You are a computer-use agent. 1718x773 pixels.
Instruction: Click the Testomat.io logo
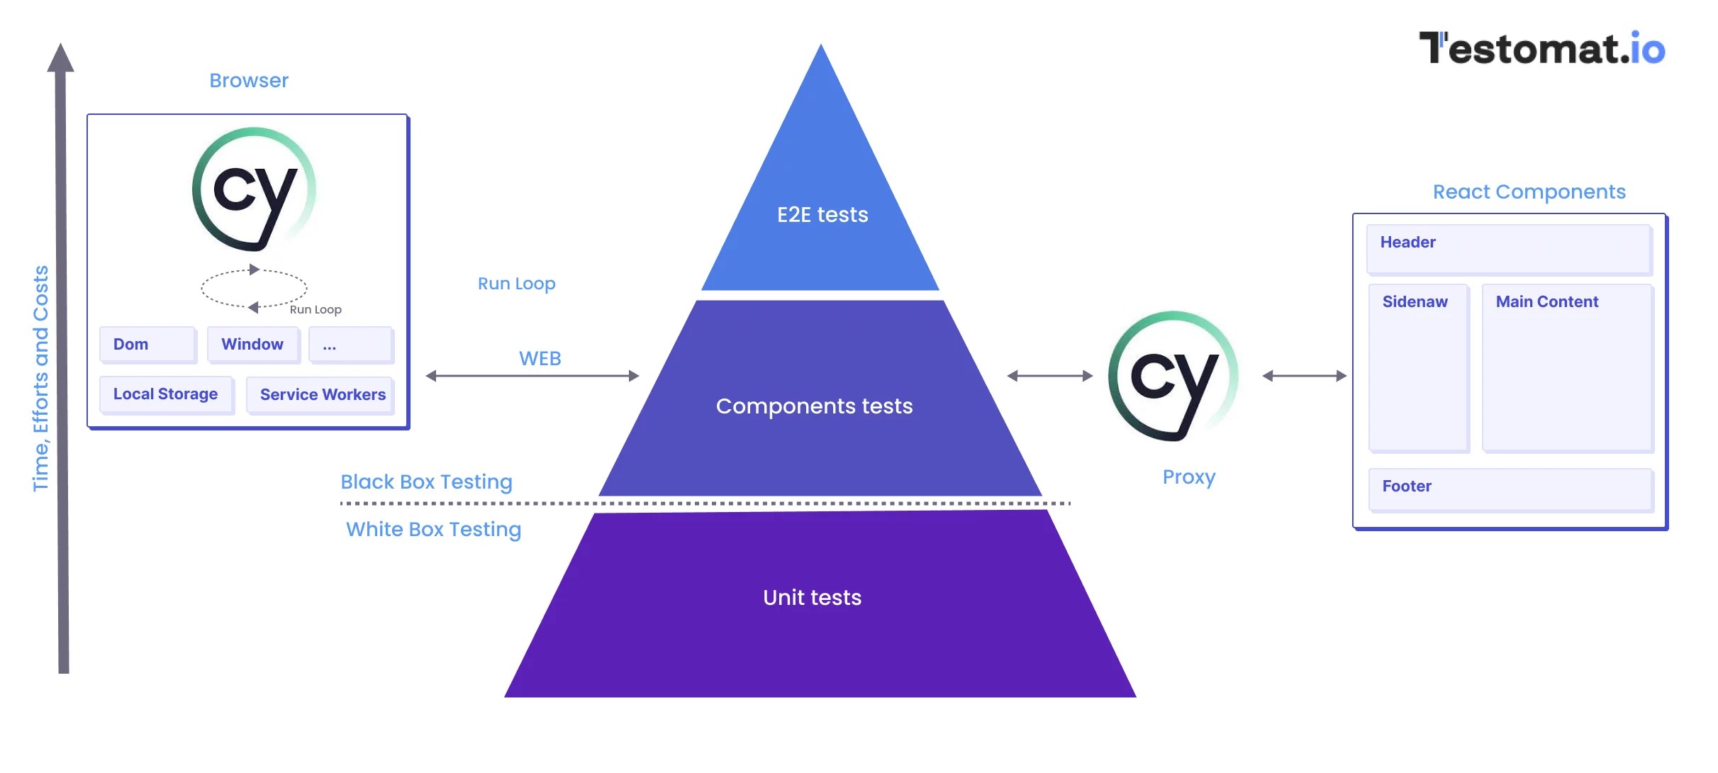pos(1541,48)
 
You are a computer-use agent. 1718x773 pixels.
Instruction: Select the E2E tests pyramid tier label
pos(822,215)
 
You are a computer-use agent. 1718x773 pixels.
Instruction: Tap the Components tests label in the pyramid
pos(814,406)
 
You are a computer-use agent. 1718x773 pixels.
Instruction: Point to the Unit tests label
pos(812,598)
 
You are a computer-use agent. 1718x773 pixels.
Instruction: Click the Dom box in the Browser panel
pos(147,345)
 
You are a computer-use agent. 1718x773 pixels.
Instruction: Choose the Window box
pos(252,345)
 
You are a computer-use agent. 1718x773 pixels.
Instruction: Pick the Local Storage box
pos(165,394)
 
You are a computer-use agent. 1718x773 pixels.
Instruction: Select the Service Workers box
pos(322,395)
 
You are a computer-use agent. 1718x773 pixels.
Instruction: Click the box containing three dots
pos(350,345)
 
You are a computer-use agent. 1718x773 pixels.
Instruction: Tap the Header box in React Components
pos(1508,249)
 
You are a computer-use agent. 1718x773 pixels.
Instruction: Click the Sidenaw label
pos(1415,302)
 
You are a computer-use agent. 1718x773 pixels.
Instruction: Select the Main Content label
pos(1546,302)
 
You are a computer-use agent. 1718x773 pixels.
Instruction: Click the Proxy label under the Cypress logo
pos(1188,477)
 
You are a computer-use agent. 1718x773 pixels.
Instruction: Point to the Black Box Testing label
pos(426,482)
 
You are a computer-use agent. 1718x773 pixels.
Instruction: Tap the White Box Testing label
pos(433,530)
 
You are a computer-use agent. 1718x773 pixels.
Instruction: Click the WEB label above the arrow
pos(540,359)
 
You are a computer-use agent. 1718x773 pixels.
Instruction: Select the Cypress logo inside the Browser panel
pos(254,189)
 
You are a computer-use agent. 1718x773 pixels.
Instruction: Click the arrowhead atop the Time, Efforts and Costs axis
pos(61,58)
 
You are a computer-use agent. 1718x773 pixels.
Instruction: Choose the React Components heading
pos(1529,192)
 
